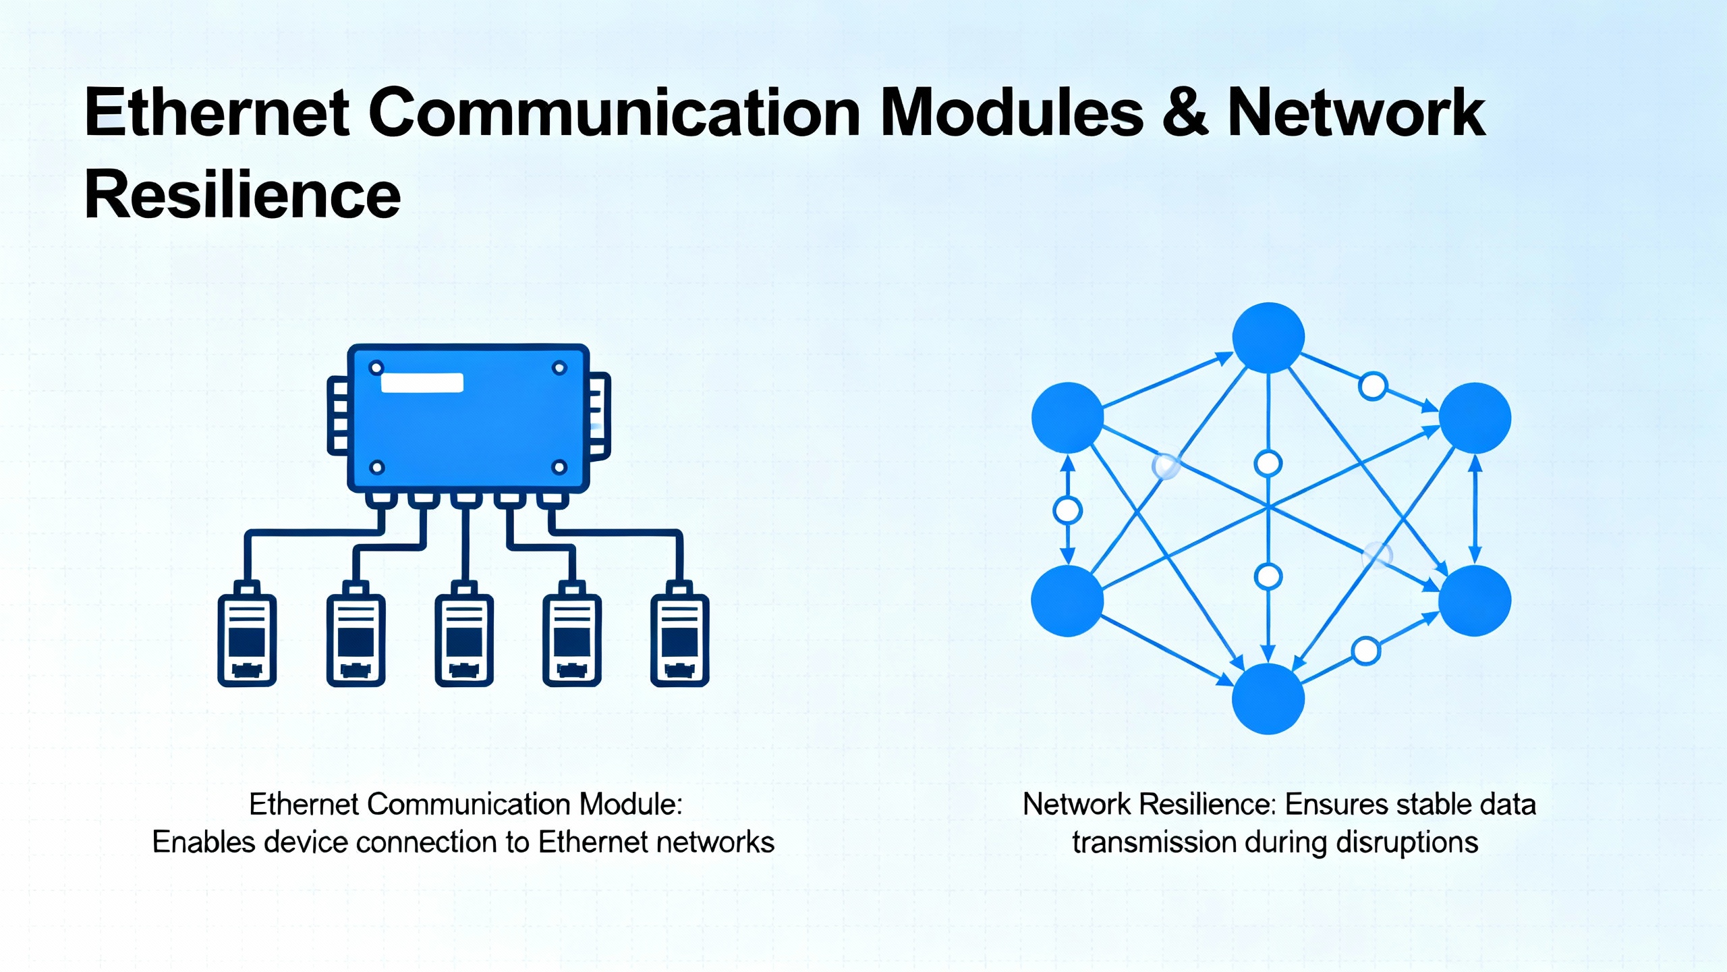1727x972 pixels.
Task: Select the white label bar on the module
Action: tap(422, 383)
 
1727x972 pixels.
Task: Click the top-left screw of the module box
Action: tap(376, 368)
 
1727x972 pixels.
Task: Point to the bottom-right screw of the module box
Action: tap(559, 467)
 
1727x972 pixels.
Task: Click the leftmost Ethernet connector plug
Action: tap(247, 638)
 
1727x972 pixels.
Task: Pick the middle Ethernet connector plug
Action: tap(464, 638)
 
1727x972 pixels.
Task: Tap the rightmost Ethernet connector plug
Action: tap(679, 638)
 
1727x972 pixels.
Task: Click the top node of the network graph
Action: tap(1268, 337)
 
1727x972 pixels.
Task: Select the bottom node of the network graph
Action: tap(1268, 699)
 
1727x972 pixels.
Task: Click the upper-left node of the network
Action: tap(1067, 418)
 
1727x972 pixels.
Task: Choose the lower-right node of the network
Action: tap(1475, 601)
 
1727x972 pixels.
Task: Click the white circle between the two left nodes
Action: tap(1067, 510)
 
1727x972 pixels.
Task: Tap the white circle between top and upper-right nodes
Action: tap(1373, 386)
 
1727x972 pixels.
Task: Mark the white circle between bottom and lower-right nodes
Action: tap(1366, 651)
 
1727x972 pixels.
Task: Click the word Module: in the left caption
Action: tap(631, 805)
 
